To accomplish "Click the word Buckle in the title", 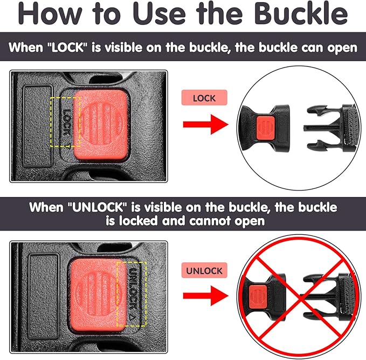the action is coord(301,13).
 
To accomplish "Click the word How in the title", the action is coord(50,13).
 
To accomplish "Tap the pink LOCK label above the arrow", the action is coord(204,98).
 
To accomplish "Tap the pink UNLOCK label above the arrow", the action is coord(204,270).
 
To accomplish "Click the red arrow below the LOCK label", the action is coord(206,124).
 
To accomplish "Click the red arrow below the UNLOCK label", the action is coord(206,296).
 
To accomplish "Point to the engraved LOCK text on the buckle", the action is coord(66,123).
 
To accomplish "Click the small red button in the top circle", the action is coord(265,128).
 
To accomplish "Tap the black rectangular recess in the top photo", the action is coord(38,126).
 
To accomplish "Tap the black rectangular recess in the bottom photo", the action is coord(44,296).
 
